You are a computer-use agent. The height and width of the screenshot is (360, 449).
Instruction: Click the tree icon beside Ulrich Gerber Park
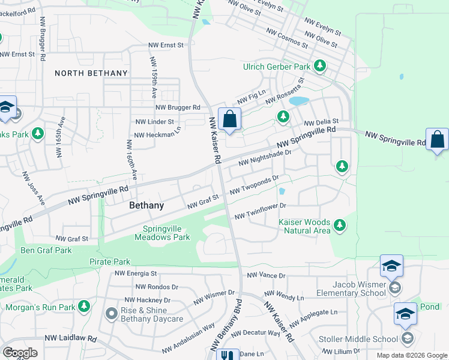coord(320,67)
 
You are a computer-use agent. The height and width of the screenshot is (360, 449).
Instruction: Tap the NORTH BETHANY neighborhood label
coord(91,73)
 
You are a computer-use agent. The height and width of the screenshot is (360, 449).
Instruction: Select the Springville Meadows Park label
coord(166,233)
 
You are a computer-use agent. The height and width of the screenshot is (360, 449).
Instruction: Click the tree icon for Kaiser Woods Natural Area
coord(340,226)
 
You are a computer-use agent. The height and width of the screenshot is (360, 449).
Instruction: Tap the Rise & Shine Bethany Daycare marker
coord(111,313)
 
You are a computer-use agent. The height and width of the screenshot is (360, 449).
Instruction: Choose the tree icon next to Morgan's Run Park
coord(84,307)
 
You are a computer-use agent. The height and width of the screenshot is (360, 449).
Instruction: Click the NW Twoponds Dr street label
coord(255,185)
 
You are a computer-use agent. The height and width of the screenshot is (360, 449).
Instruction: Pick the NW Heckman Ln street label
coord(157,134)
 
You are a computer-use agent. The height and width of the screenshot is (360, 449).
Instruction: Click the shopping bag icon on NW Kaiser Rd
coord(229,120)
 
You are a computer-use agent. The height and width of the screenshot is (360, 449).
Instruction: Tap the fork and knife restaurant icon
coord(228,356)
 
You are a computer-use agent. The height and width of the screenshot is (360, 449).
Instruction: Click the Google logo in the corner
coord(20,353)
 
